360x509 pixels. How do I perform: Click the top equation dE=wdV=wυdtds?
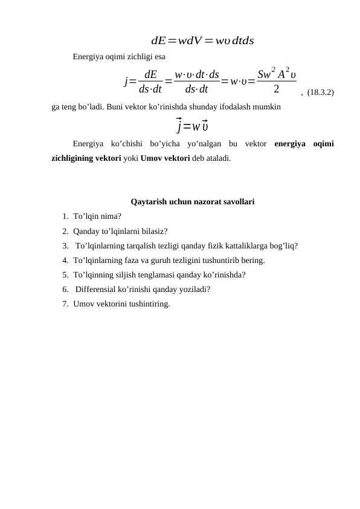tap(202, 41)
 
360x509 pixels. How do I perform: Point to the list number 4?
tap(64, 260)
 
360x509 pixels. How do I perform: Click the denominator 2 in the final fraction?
tap(276, 89)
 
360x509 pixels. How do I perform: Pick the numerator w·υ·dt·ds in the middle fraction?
tap(196, 76)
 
